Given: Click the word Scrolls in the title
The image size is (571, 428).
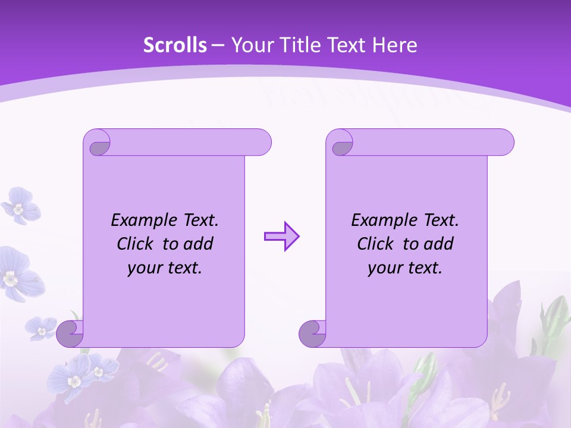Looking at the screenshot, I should [175, 45].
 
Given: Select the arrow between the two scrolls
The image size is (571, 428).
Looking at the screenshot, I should [281, 237].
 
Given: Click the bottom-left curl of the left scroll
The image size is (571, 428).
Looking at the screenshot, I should [70, 334].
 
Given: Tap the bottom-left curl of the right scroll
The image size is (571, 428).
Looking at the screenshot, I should [313, 334].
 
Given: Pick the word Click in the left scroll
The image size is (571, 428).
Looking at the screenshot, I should [136, 244].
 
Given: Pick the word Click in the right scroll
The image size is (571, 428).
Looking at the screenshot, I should [376, 244].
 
